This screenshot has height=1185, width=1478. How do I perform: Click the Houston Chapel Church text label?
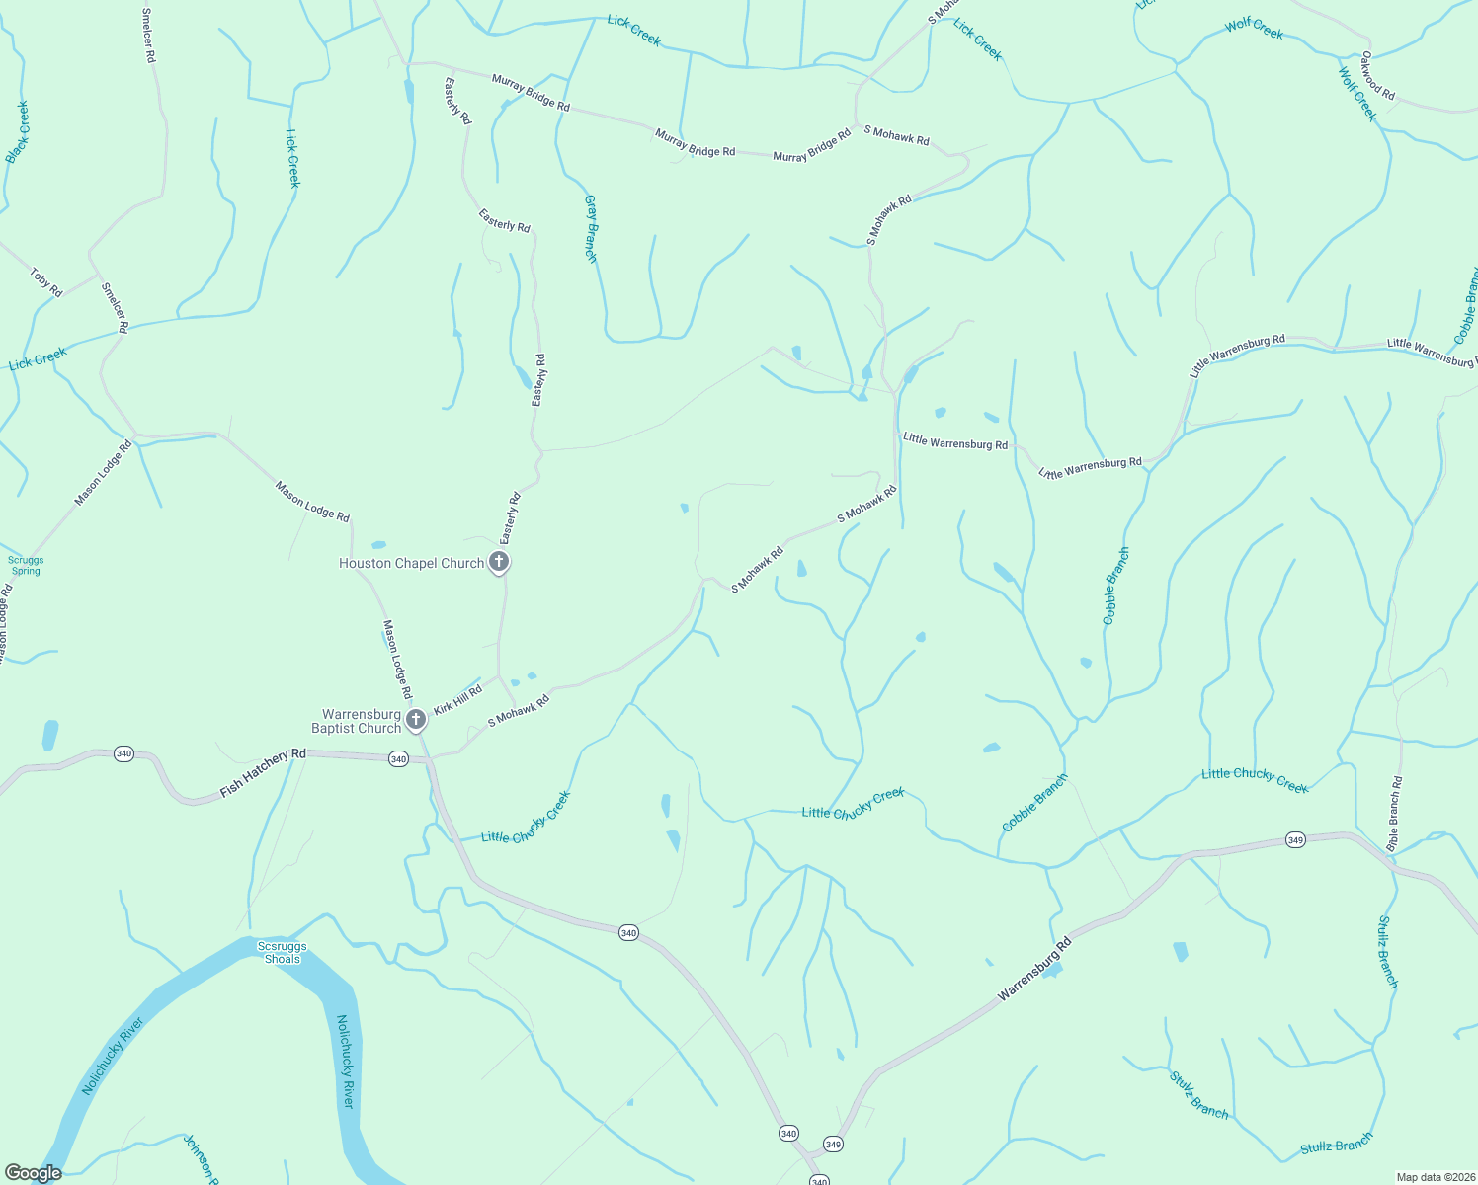(411, 563)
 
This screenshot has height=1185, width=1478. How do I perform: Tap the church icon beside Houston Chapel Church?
(500, 563)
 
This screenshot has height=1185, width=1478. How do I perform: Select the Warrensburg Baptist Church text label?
(357, 721)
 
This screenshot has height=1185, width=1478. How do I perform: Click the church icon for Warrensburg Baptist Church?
(417, 719)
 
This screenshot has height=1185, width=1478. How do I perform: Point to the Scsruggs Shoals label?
(282, 952)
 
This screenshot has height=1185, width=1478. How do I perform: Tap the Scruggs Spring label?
(26, 565)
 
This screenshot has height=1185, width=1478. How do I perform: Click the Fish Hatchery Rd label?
(263, 772)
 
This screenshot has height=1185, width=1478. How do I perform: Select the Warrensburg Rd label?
(1034, 971)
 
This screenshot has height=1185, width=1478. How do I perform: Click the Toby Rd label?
(46, 282)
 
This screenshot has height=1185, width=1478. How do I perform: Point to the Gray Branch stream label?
(591, 229)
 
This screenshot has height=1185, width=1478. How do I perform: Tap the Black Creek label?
(18, 131)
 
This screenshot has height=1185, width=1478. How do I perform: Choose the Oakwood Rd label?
(1377, 76)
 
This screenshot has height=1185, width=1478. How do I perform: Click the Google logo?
(33, 1173)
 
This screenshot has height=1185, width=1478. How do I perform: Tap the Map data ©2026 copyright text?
(1435, 1177)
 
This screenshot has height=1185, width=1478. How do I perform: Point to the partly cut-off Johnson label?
(201, 1158)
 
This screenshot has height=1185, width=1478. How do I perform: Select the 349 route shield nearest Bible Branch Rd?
(1295, 840)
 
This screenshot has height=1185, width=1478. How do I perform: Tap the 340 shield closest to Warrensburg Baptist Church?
(398, 758)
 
